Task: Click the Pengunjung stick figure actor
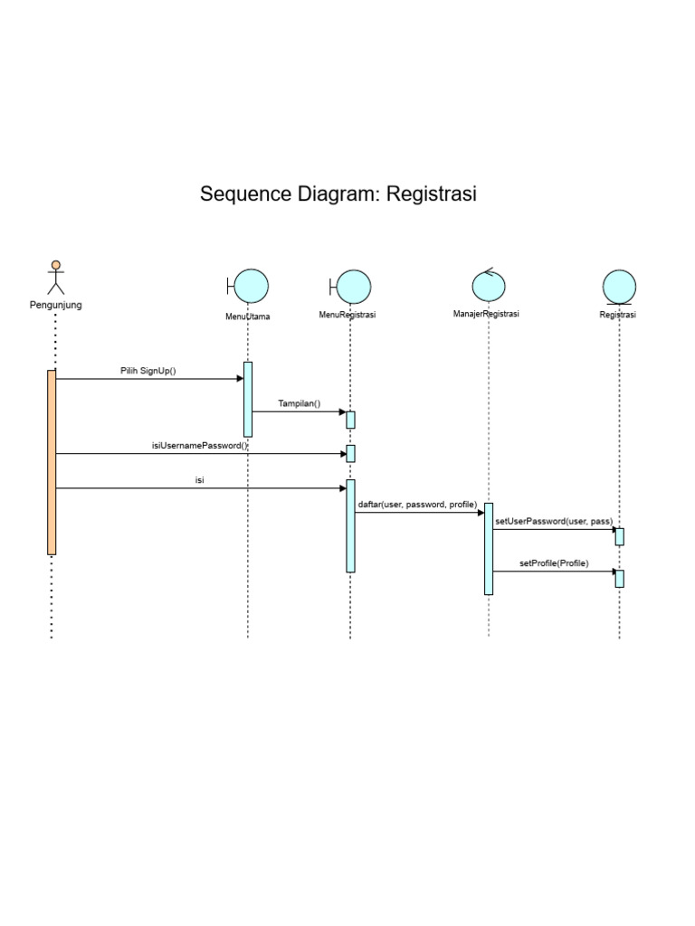(56, 278)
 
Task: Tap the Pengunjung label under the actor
(56, 306)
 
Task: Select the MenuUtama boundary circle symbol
(250, 286)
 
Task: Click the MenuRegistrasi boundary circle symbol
(352, 286)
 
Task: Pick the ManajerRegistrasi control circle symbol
(489, 285)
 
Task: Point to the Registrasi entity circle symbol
(619, 287)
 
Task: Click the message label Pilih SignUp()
(148, 371)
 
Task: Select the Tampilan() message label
(299, 403)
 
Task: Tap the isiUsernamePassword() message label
(199, 446)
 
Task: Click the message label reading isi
(199, 480)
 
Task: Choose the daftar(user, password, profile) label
(417, 505)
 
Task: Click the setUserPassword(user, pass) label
(554, 522)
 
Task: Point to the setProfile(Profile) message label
(554, 563)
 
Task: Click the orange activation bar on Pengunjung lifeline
(52, 461)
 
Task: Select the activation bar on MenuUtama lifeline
(248, 399)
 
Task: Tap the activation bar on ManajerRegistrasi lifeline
(489, 548)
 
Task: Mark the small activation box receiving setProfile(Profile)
(620, 578)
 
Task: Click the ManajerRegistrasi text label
(486, 314)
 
